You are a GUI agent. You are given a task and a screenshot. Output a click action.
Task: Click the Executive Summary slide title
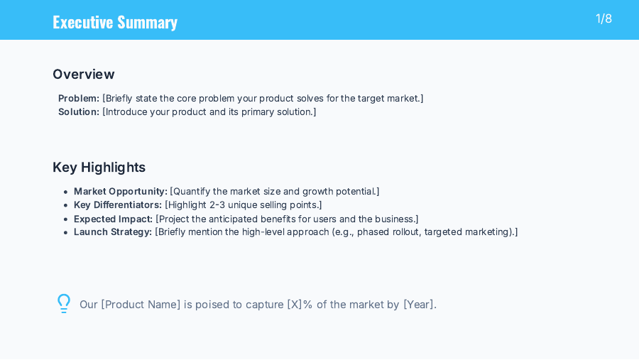click(x=115, y=22)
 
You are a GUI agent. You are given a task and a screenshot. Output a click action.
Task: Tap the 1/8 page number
click(x=603, y=18)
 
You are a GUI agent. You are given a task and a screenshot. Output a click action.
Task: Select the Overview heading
click(x=83, y=74)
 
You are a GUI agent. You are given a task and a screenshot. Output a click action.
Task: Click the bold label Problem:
click(x=79, y=98)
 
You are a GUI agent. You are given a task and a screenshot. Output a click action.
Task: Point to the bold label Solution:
click(x=79, y=111)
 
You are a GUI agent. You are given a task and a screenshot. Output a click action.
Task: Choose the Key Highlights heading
click(x=99, y=167)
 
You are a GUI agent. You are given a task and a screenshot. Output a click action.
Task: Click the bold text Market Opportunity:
click(x=121, y=191)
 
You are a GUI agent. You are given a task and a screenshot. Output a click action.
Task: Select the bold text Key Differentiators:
click(x=118, y=204)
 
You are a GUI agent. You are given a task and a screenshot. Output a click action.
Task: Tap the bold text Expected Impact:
click(x=114, y=219)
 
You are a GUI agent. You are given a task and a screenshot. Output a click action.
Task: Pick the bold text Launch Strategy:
click(x=113, y=231)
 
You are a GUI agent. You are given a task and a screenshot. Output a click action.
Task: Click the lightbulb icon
click(x=64, y=303)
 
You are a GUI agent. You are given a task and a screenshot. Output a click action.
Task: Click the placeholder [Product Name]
click(x=141, y=305)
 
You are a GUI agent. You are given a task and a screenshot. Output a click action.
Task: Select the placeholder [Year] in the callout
click(x=418, y=305)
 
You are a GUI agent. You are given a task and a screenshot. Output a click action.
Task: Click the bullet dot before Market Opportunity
click(x=65, y=192)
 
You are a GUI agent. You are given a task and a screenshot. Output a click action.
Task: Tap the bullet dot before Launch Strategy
click(x=65, y=232)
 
